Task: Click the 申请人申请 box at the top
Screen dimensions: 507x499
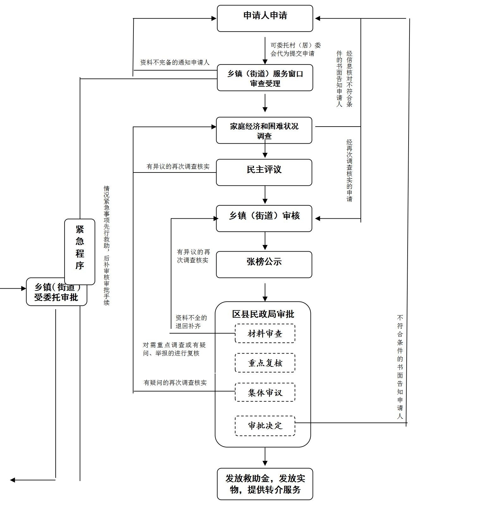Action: coord(265,18)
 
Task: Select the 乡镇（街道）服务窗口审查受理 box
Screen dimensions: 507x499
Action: coord(265,78)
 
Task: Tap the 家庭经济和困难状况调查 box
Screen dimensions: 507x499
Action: coord(264,130)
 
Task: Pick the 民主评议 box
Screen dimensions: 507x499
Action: coord(264,172)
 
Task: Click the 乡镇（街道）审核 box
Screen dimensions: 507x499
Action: coord(264,218)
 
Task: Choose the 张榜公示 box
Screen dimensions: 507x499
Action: coord(264,265)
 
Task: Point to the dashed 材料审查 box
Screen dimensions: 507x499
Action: coord(265,333)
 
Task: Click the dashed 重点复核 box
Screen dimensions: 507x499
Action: coord(265,363)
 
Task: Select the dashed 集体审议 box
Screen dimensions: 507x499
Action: coord(265,392)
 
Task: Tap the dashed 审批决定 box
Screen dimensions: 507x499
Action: coord(265,426)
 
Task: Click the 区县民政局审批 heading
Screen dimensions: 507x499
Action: coord(263,314)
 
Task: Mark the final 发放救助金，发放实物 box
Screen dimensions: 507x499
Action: coord(265,484)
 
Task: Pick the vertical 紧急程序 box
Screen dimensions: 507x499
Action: coord(80,252)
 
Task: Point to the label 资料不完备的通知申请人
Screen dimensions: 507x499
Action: coord(175,62)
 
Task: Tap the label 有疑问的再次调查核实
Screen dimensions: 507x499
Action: coord(175,383)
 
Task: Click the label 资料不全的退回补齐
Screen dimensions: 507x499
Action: coord(191,322)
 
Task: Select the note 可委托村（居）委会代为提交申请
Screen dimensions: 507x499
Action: coord(295,49)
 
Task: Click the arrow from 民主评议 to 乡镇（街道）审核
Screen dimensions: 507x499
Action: coord(265,195)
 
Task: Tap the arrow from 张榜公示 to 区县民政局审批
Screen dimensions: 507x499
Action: coord(265,292)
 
